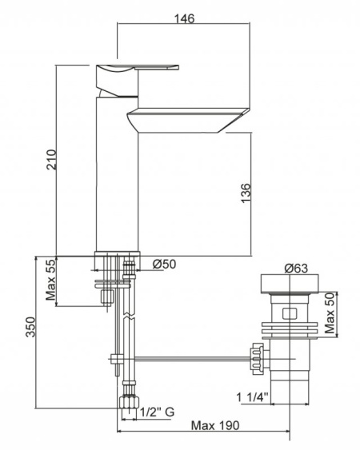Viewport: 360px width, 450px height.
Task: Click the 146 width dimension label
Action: click(185, 18)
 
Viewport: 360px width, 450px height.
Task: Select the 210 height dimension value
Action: click(52, 159)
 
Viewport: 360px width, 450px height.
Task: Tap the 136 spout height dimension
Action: click(246, 193)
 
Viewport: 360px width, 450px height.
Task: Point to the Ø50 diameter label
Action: click(164, 264)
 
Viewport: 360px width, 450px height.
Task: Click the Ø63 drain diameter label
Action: click(296, 269)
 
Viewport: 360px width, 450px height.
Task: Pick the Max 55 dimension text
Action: click(51, 280)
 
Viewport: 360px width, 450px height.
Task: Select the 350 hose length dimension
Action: click(30, 327)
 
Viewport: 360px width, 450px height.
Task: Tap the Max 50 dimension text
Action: click(330, 313)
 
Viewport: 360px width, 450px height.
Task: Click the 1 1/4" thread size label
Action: click(252, 397)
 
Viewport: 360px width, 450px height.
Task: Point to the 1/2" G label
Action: click(157, 412)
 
